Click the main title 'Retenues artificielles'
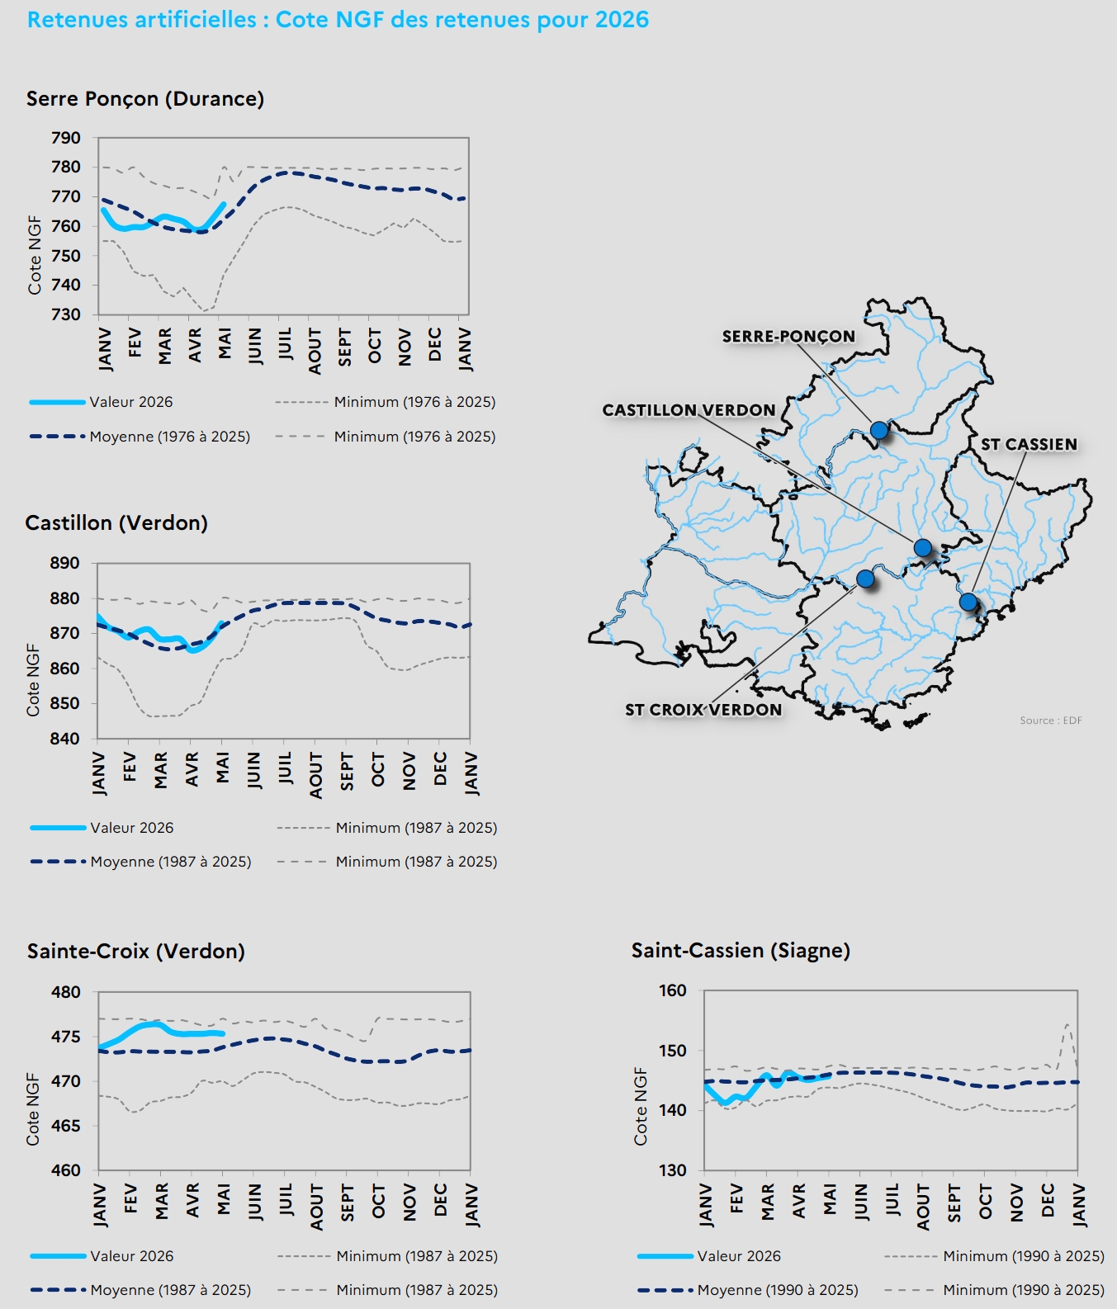click(x=142, y=20)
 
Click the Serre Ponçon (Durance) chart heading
click(x=145, y=99)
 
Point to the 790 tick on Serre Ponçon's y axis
click(x=66, y=138)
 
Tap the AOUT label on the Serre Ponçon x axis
click(x=315, y=351)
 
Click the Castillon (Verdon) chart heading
click(x=116, y=523)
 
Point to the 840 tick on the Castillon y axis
click(x=65, y=739)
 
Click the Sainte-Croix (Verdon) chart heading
click(x=136, y=952)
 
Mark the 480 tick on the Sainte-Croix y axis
click(x=66, y=992)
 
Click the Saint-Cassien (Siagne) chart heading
click(x=741, y=951)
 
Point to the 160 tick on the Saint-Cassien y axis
click(x=673, y=990)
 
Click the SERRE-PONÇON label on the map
click(x=788, y=337)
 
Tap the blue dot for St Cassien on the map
click(x=968, y=603)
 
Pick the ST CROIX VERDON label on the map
click(x=703, y=710)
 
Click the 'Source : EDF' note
click(x=1051, y=721)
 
